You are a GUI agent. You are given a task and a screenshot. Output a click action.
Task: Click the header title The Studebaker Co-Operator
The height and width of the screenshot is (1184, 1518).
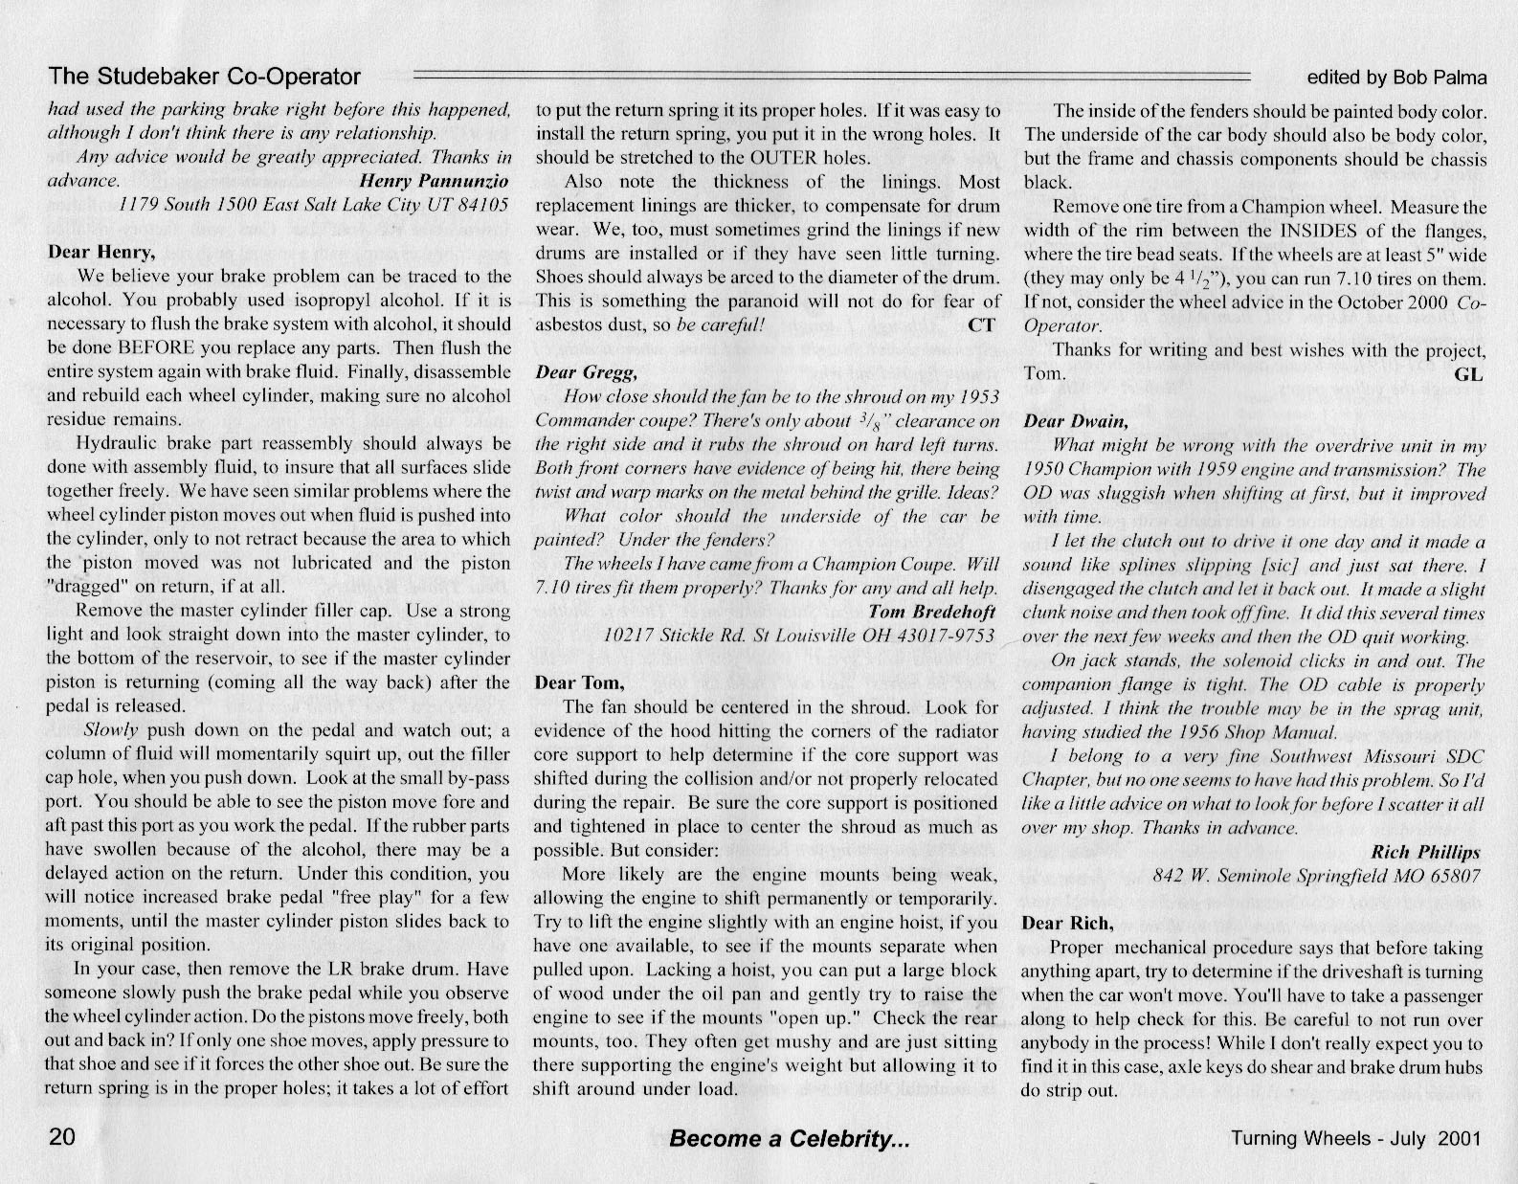(205, 77)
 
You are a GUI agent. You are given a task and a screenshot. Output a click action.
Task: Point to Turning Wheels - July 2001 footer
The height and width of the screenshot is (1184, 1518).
(1356, 1138)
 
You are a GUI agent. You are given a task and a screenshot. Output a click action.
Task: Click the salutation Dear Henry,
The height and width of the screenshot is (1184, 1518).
(100, 253)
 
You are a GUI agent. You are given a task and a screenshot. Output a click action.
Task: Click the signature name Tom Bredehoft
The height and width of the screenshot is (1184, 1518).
(932, 612)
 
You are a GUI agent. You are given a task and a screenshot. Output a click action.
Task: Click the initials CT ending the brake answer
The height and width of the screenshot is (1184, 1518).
(981, 324)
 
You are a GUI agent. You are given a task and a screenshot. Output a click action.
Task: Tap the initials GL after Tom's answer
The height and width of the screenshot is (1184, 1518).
(1468, 374)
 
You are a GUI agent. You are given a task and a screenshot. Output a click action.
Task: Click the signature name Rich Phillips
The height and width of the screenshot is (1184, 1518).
(1425, 852)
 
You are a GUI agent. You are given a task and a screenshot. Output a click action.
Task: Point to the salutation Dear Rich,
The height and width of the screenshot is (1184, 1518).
(1067, 924)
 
